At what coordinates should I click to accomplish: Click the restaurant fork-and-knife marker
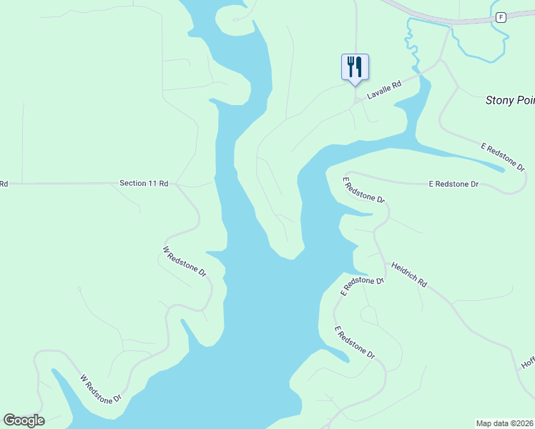tap(355, 67)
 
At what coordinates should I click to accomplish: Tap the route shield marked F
tap(501, 17)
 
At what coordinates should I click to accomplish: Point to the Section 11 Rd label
tap(144, 184)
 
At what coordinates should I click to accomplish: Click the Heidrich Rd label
tap(408, 274)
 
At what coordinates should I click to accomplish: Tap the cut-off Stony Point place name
tap(509, 100)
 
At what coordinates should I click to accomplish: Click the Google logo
tap(24, 420)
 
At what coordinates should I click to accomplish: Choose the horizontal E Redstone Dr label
tap(453, 184)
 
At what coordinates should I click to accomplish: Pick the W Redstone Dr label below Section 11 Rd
tap(185, 262)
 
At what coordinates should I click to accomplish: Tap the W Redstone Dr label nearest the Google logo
tap(102, 388)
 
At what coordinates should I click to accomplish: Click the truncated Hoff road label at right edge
tap(528, 363)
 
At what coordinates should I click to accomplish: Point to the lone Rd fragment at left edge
tap(4, 184)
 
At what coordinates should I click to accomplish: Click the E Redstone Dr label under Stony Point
tap(504, 157)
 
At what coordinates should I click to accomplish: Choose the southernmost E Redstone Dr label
tap(355, 342)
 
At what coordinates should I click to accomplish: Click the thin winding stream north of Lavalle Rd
tap(411, 43)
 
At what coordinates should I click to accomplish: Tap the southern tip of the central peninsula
tap(290, 256)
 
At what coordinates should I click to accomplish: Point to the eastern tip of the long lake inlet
tap(505, 169)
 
